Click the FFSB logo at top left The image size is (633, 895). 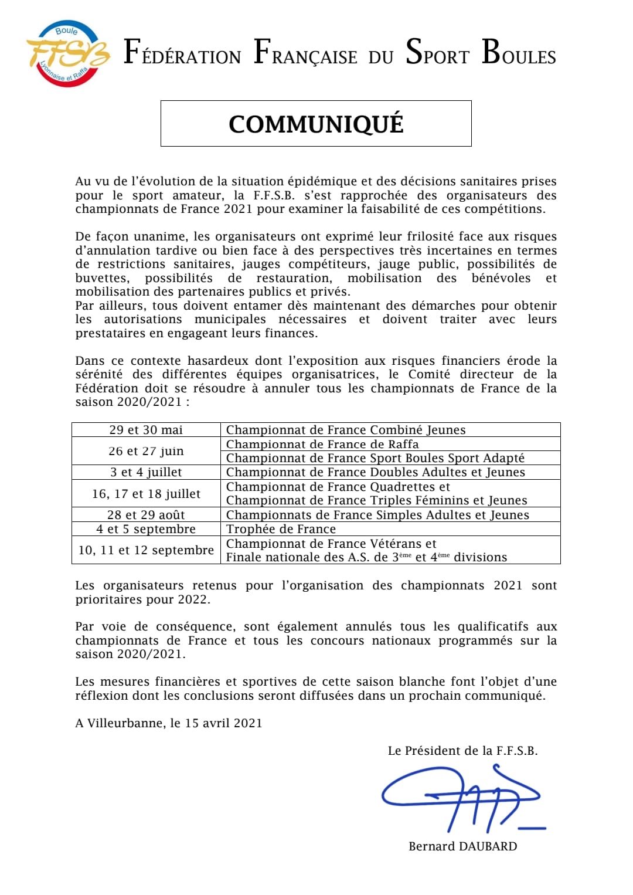[67, 55]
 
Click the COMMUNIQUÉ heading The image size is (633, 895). [316, 124]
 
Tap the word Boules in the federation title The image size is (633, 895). [519, 53]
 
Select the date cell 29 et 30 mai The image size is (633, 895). [146, 430]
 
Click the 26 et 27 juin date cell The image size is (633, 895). [146, 451]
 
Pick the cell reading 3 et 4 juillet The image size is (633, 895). [146, 472]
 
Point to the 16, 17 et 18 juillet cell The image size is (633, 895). [146, 494]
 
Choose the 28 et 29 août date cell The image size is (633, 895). [146, 515]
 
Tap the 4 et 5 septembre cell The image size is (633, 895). [146, 529]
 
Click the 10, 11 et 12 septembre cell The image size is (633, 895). [146, 550]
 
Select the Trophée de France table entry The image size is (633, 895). [281, 529]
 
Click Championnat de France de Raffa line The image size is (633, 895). [322, 444]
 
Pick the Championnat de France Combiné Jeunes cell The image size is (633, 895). [346, 430]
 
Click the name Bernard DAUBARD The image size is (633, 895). [462, 846]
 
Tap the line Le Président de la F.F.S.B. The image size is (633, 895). [462, 751]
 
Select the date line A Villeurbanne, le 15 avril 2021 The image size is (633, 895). [169, 723]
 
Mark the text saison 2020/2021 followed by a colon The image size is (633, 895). [132, 402]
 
